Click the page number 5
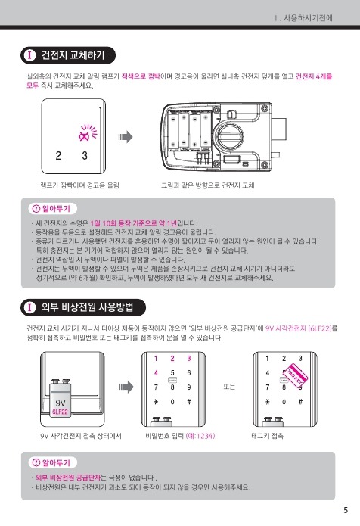[346, 510]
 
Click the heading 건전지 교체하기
[73, 55]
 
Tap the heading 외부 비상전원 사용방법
[87, 307]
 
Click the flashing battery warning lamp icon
[87, 132]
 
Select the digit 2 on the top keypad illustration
[58, 156]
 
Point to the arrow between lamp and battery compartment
[126, 137]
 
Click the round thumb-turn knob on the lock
[230, 136]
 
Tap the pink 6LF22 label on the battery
[60, 412]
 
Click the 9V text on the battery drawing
[61, 403]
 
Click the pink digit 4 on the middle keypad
[156, 372]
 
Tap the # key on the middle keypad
[189, 402]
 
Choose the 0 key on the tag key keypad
[284, 402]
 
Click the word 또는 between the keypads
[229, 387]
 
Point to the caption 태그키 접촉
[267, 436]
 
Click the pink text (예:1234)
[200, 436]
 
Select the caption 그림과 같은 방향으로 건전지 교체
[208, 185]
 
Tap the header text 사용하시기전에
[308, 17]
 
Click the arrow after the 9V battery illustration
[126, 387]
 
